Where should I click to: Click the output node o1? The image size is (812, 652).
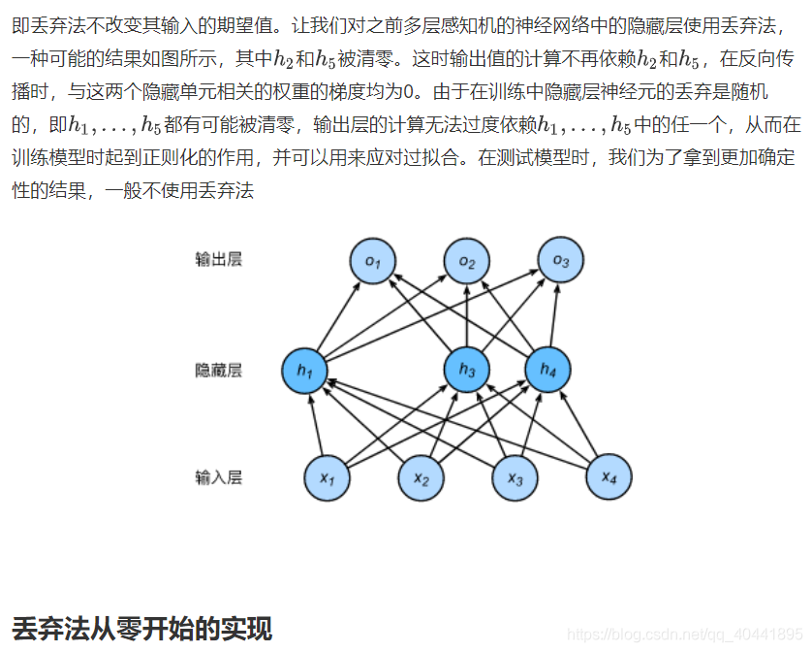[373, 262]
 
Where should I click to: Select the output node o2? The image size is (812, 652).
[467, 262]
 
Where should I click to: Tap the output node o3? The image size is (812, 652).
[561, 260]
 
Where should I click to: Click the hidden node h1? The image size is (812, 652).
[305, 370]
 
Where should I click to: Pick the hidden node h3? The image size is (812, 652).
[467, 370]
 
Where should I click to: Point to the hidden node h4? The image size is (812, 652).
[548, 370]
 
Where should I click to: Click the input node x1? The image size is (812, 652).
[328, 477]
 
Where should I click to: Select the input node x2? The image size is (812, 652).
[422, 477]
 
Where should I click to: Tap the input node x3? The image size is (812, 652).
[515, 477]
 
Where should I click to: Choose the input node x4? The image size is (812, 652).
[609, 476]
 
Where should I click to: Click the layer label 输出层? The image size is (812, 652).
[218, 260]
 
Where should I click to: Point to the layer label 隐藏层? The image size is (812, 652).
[218, 370]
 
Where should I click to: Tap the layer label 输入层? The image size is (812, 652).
[218, 477]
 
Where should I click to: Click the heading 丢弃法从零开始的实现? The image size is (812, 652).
[141, 628]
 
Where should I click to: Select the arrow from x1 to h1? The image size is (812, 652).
[316, 424]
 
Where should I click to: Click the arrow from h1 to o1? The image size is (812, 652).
[339, 315]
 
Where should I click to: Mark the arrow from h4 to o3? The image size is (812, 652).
[554, 315]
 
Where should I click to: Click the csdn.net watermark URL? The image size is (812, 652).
[684, 634]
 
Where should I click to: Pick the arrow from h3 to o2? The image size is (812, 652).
[467, 315]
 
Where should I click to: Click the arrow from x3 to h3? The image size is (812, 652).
[491, 424]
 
